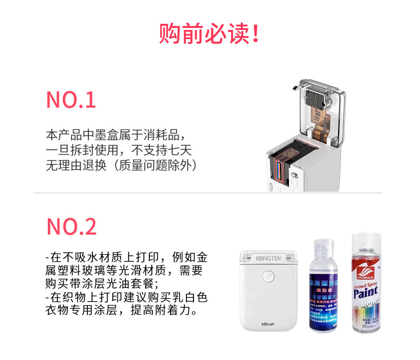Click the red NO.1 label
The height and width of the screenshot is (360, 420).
(71, 100)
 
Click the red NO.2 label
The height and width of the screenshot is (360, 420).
(72, 226)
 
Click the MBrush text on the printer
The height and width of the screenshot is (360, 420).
(268, 323)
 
